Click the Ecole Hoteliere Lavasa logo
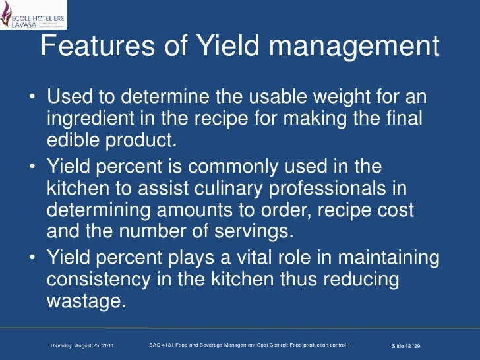[x=33, y=14]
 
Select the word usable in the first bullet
[x=247, y=98]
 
